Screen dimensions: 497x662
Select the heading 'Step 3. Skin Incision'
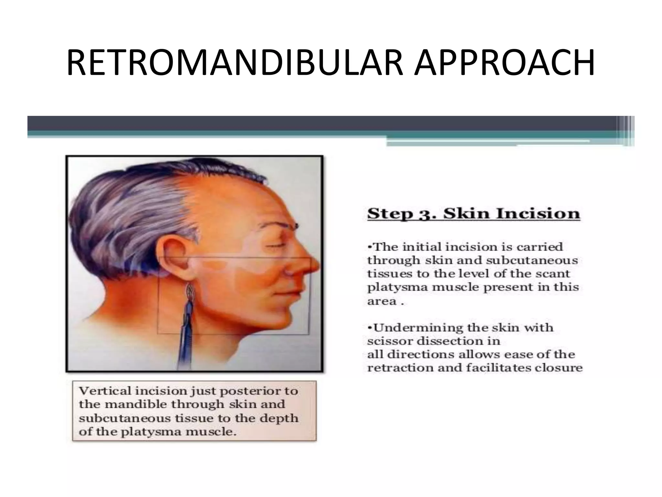click(474, 214)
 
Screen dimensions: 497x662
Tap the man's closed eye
click(273, 247)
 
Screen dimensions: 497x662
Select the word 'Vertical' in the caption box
click(104, 391)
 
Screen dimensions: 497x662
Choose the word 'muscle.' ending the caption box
click(211, 432)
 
